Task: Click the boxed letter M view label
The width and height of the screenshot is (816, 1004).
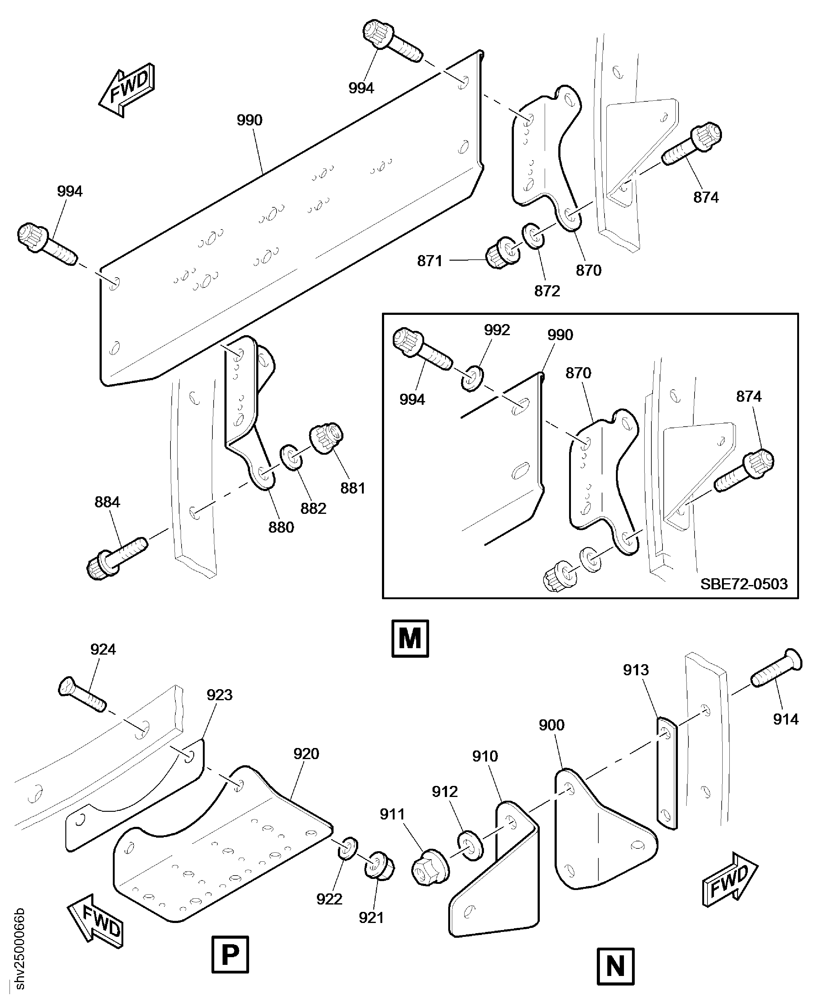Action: pos(410,639)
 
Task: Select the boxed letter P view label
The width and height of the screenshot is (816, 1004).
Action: pos(230,954)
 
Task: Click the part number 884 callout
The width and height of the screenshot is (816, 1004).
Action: pos(107,502)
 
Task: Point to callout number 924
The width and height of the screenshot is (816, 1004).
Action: pos(103,649)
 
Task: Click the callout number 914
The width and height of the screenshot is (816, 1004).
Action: pos(785,719)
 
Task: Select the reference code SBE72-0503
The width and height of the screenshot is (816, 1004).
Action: pos(744,584)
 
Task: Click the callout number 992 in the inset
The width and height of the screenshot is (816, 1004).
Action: pos(497,330)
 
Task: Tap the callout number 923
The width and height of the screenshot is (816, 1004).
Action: pos(219,695)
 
